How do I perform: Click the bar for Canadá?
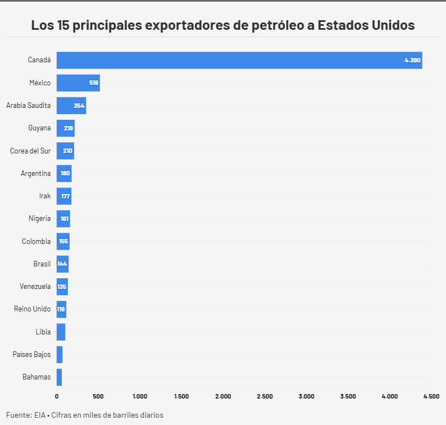[x=239, y=60]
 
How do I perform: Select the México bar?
[x=78, y=83]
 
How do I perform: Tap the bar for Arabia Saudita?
[x=71, y=106]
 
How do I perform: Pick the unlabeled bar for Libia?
[x=61, y=332]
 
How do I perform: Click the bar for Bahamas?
[x=59, y=377]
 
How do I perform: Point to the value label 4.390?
[x=412, y=60]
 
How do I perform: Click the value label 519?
[x=93, y=83]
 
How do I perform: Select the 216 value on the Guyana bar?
[x=69, y=128]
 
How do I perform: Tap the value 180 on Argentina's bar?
[x=65, y=173]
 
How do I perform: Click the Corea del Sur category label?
[x=30, y=151]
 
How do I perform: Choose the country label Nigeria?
[x=39, y=219]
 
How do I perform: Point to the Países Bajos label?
[x=31, y=354]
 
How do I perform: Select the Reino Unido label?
[x=32, y=309]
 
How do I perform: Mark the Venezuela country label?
[x=35, y=286]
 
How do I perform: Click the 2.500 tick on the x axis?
[x=265, y=396]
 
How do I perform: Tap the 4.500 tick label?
[x=431, y=396]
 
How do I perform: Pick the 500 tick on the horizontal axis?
[x=98, y=396]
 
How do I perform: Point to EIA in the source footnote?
[x=39, y=415]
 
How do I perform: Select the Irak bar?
[x=63, y=196]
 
